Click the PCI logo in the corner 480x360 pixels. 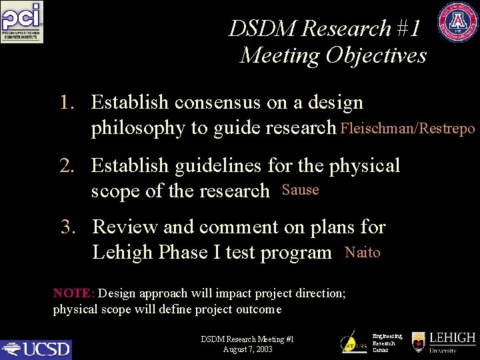click(22, 23)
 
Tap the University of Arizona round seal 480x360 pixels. click(458, 22)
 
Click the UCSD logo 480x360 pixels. click(36, 349)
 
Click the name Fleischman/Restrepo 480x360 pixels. click(407, 127)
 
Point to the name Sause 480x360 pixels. click(301, 190)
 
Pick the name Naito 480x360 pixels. click(363, 252)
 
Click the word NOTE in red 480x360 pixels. click(73, 293)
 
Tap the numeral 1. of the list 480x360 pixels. click(68, 103)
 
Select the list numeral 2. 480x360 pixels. click(68, 165)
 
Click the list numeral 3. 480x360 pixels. click(69, 227)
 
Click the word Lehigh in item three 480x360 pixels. click(123, 253)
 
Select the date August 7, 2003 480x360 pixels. click(247, 349)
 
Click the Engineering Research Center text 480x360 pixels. click(387, 343)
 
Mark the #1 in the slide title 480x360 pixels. click(408, 29)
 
